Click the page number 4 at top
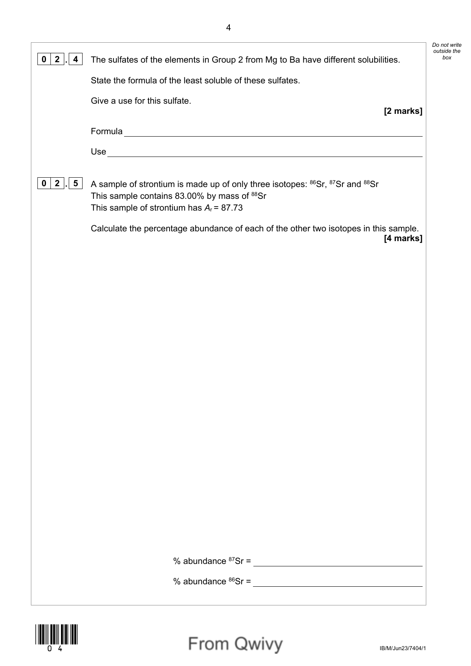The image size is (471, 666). tap(228, 28)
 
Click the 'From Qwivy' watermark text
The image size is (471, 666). tap(235, 644)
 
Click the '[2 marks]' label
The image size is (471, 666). tap(403, 111)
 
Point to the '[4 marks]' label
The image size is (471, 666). tap(403, 238)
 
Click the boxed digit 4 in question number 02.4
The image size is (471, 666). tap(76, 59)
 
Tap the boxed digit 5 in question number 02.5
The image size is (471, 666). tap(76, 183)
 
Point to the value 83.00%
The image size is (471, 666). tap(189, 196)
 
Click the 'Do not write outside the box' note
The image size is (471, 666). tap(447, 51)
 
